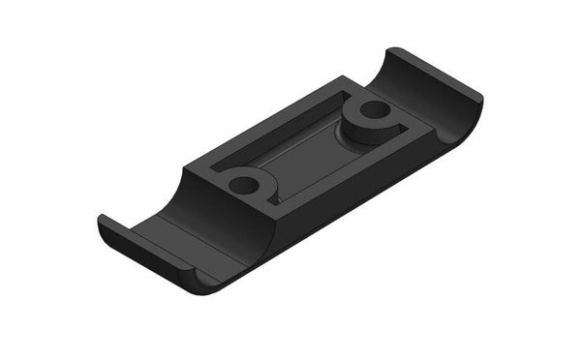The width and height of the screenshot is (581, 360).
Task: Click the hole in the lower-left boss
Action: [x=244, y=184]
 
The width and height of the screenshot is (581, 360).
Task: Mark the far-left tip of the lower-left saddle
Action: [x=100, y=223]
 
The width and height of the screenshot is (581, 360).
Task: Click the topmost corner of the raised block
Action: [x=342, y=77]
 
